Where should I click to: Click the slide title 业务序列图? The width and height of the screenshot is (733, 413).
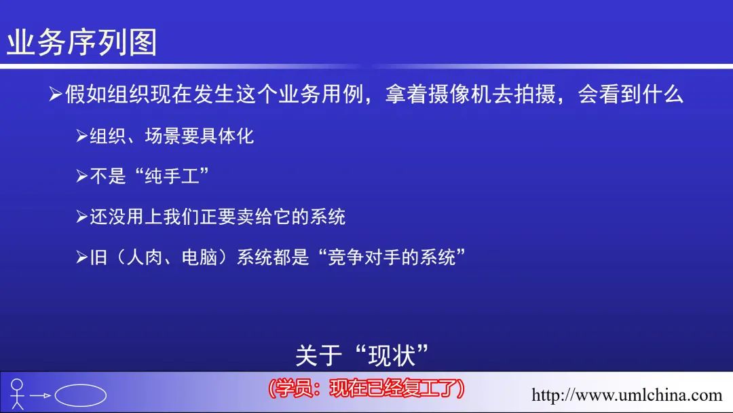(x=82, y=42)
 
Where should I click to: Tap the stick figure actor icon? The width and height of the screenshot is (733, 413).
(x=17, y=394)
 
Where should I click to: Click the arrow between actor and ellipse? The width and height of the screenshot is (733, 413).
(x=40, y=396)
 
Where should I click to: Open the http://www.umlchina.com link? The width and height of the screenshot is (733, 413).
(x=627, y=395)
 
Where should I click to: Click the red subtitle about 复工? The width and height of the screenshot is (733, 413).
(x=366, y=389)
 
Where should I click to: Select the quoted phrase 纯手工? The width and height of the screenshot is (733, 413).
(x=172, y=177)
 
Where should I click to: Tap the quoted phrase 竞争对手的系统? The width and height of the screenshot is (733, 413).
(x=392, y=257)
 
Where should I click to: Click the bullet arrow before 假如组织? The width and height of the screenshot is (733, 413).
(x=56, y=94)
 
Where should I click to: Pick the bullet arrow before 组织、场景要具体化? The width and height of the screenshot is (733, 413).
(x=82, y=136)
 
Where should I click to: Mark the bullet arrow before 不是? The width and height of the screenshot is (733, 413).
(x=82, y=177)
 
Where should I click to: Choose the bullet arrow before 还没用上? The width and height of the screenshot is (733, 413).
(x=82, y=217)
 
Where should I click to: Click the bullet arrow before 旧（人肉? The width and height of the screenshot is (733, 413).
(x=82, y=257)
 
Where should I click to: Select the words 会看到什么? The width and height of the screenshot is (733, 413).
(x=630, y=94)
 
